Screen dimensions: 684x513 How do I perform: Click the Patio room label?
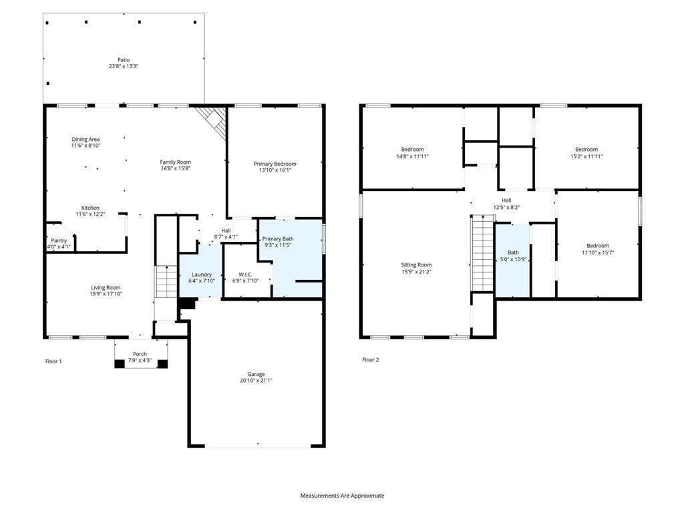click(124, 59)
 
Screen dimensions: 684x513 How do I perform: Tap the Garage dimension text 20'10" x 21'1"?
click(256, 380)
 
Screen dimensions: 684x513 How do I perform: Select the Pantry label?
click(59, 240)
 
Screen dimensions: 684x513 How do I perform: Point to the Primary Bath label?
click(278, 238)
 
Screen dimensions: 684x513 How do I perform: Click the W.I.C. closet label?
click(245, 275)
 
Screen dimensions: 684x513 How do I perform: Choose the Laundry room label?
click(202, 275)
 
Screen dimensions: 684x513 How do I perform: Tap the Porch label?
click(140, 354)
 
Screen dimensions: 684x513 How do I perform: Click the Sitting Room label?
click(416, 265)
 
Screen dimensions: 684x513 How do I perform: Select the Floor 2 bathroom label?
click(514, 252)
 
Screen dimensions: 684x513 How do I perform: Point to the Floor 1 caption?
click(53, 361)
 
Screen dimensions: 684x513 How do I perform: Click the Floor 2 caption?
click(371, 359)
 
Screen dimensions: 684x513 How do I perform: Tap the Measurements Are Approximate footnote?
click(342, 496)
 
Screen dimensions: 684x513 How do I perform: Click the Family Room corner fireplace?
click(212, 122)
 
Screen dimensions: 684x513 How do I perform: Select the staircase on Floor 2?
click(482, 253)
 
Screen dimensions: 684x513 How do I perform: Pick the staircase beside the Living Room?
click(166, 281)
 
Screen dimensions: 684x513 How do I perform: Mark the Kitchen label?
click(90, 208)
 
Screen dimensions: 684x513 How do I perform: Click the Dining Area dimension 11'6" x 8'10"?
click(86, 145)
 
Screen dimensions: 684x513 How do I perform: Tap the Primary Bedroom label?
click(275, 164)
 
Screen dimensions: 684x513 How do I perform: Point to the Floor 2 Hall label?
click(506, 200)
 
